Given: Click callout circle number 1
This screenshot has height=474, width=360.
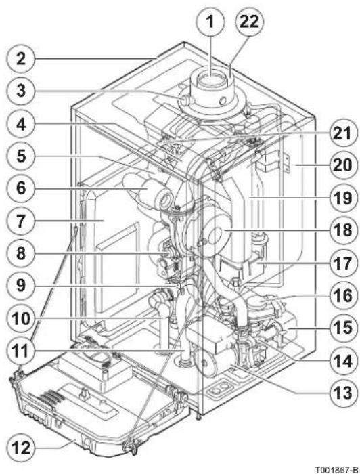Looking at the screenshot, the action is [x=210, y=22].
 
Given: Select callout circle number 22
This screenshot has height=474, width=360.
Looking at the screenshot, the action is [x=249, y=22].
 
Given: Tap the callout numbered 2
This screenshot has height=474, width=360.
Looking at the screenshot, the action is [x=21, y=58].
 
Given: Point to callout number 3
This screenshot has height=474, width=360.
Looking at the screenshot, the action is [x=21, y=91].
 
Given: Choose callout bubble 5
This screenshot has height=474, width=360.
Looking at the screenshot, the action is [x=21, y=156].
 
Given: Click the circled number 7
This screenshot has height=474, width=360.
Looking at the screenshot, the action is [x=21, y=221].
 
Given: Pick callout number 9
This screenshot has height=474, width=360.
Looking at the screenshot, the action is [x=21, y=286].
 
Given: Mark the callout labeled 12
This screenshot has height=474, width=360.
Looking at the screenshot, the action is [x=22, y=448].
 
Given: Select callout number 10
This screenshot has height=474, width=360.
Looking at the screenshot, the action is [x=21, y=318].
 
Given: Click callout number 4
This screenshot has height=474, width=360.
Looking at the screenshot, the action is [x=21, y=124].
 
